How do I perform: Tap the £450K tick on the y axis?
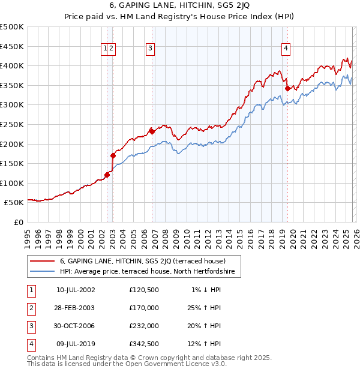(12, 46)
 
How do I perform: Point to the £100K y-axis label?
(12, 183)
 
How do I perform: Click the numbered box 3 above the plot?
(150, 49)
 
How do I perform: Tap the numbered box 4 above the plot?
(286, 49)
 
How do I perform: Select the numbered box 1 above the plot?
(105, 49)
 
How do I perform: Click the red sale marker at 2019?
(287, 88)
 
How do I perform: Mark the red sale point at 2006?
(152, 131)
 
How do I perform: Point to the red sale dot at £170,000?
(113, 155)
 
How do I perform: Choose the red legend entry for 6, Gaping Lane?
(143, 261)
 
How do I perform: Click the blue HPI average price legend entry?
(150, 272)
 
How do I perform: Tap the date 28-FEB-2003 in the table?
(76, 308)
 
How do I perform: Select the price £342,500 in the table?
(144, 344)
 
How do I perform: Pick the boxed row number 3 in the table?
(31, 326)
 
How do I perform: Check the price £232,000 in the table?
(144, 326)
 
